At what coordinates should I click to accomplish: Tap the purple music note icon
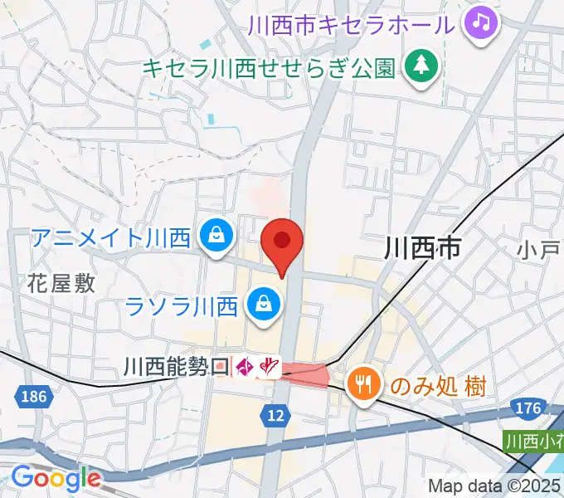(480, 22)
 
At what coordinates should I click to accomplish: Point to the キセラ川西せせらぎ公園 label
(269, 66)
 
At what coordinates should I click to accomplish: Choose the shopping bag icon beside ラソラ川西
(262, 305)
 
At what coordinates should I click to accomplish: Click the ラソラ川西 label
(182, 306)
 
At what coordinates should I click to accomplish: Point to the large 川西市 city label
(422, 247)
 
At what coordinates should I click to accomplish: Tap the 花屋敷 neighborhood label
(61, 284)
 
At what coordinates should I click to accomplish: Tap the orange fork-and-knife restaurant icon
(363, 383)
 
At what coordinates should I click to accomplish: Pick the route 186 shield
(31, 397)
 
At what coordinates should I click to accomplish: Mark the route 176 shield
(532, 408)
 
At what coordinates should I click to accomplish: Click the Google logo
(55, 478)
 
